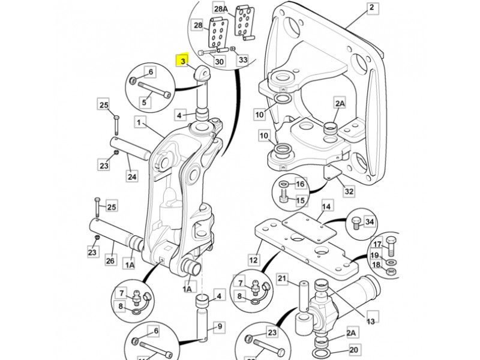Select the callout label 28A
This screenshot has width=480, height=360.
[221, 8]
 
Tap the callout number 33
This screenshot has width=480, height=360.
[242, 59]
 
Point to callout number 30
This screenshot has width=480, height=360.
[219, 62]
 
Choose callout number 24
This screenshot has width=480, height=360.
[132, 176]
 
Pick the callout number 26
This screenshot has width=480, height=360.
[110, 260]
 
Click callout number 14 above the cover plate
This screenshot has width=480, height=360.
[326, 208]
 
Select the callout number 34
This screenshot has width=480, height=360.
[370, 222]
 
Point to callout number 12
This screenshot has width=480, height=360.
[254, 260]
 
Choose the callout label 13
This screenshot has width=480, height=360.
[370, 321]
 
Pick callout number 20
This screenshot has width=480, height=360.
[353, 349]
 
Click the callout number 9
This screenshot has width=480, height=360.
[219, 326]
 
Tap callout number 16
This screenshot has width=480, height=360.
[300, 184]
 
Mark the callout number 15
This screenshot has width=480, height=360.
[300, 200]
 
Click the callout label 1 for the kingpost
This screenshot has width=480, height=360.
[139, 122]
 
